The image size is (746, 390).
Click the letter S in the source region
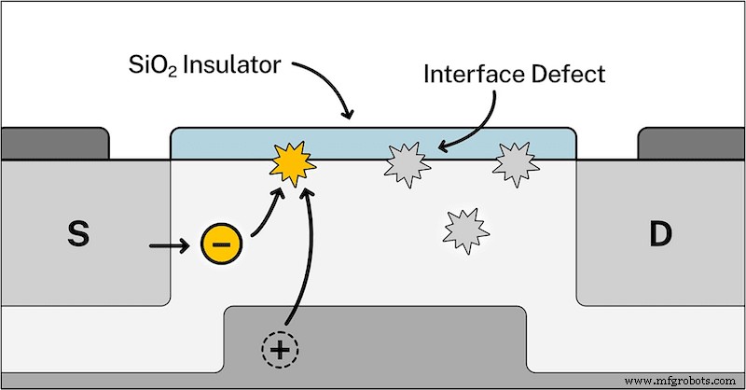tap(79, 236)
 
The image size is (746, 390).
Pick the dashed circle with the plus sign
tap(279, 351)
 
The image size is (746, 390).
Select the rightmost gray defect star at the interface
tap(513, 164)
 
